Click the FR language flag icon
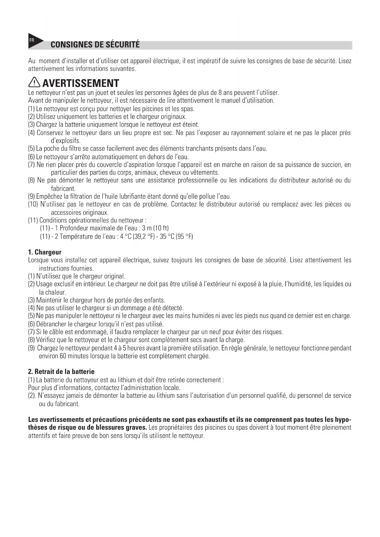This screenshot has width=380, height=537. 34,41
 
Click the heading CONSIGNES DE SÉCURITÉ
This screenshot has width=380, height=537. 95,45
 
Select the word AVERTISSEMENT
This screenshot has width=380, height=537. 81,83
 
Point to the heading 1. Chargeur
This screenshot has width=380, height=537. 45,252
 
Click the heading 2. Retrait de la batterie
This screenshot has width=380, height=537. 61,372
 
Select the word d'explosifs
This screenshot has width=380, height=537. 66,141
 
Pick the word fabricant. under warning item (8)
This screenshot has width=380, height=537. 63,189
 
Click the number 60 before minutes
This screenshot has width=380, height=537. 63,356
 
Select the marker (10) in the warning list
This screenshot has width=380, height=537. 33,204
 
